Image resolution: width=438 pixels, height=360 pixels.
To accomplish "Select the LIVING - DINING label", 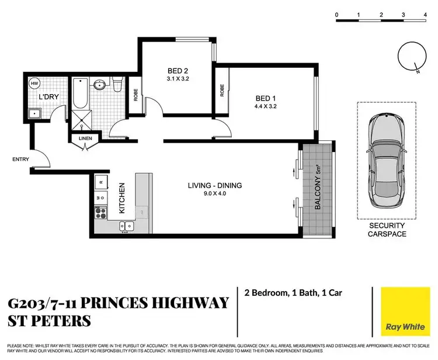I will [x=214, y=186].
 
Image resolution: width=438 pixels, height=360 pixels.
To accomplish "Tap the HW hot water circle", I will [x=35, y=83].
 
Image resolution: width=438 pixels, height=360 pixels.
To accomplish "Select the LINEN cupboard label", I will [x=84, y=139].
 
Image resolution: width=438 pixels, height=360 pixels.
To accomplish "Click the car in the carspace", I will [x=386, y=159].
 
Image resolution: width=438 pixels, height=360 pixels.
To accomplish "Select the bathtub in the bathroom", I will [x=81, y=93].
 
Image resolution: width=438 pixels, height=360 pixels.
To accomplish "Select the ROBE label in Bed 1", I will [x=222, y=91].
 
